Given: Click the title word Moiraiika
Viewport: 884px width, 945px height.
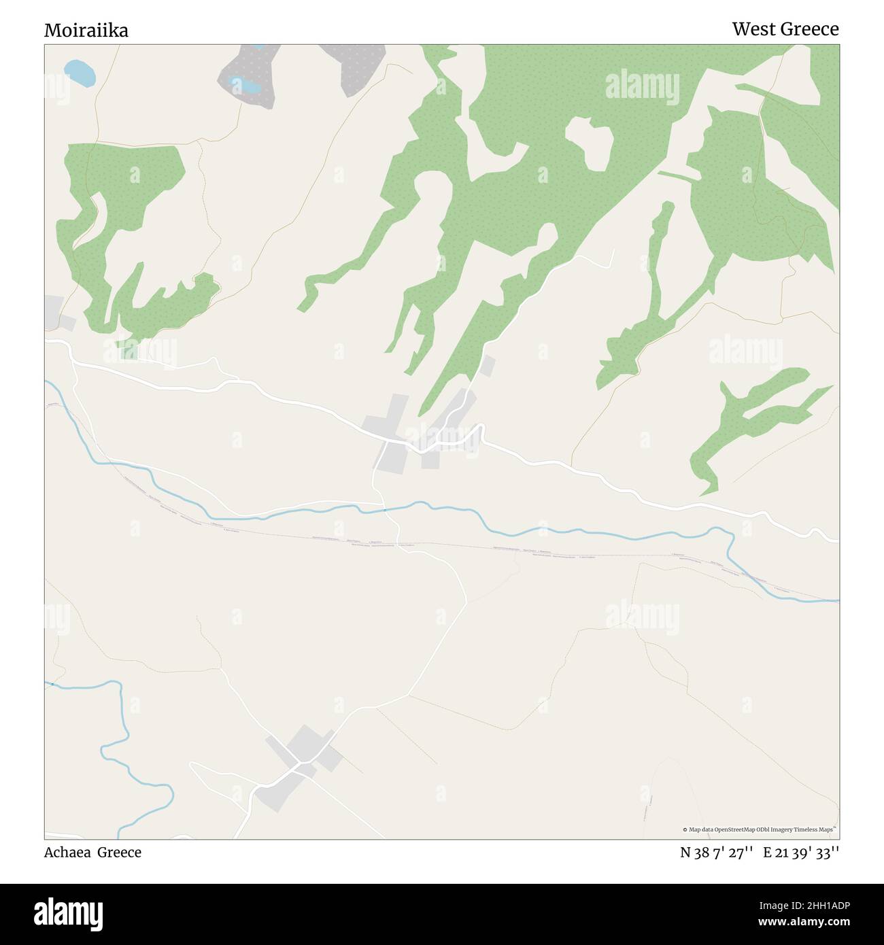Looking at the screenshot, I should pyautogui.click(x=86, y=31).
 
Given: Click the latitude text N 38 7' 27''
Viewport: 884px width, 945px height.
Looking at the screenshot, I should pyautogui.click(x=716, y=853).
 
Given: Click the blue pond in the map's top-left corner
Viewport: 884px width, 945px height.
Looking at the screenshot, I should pyautogui.click(x=79, y=73).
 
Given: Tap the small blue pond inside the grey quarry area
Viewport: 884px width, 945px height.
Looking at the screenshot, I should pyautogui.click(x=245, y=86).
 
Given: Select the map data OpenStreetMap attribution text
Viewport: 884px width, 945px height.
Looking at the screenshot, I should pyautogui.click(x=759, y=829).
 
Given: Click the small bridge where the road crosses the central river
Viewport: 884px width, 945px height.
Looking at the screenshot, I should pyautogui.click(x=384, y=509).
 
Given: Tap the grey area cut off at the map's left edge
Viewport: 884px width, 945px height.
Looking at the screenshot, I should pyautogui.click(x=54, y=312).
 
